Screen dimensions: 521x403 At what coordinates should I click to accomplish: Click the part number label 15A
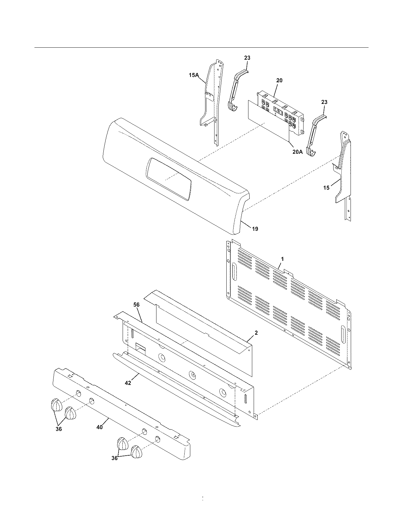[x=193, y=75]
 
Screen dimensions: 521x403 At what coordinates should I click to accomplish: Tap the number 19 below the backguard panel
[x=255, y=229]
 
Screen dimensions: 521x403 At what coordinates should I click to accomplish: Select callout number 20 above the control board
[x=279, y=80]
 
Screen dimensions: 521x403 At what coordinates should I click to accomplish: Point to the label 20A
[x=297, y=152]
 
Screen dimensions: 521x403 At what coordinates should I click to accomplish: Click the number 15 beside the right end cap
[x=326, y=188]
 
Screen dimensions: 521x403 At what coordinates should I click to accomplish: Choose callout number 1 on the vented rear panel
[x=282, y=259]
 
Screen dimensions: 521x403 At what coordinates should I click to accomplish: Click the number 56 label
[x=136, y=305]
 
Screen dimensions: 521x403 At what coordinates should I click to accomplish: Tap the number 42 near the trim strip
[x=128, y=383]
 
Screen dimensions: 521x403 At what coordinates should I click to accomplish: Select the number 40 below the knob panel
[x=99, y=427]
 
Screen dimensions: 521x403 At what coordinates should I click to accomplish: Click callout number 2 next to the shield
[x=256, y=333]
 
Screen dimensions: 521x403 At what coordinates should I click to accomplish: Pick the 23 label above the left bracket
[x=247, y=58]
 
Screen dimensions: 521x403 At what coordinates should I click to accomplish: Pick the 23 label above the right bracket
[x=324, y=102]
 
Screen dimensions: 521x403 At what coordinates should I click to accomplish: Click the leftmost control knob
[x=56, y=405]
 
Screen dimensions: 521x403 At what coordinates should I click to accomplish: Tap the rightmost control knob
[x=137, y=452]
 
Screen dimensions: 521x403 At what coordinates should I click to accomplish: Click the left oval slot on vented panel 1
[x=234, y=271]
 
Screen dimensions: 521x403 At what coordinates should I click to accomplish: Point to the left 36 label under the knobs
[x=59, y=429]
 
